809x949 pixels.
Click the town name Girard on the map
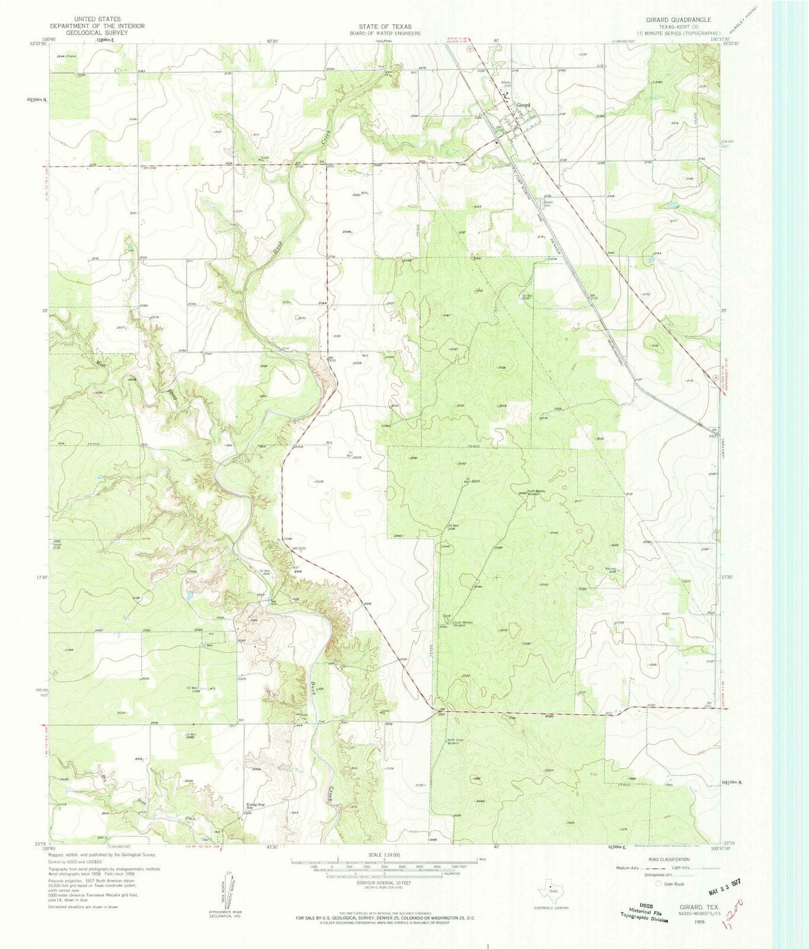point(522,106)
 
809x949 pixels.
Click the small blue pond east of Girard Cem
point(673,206)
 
